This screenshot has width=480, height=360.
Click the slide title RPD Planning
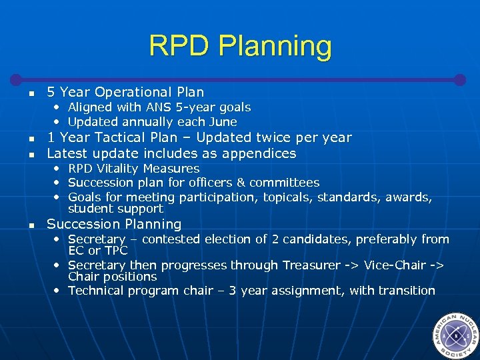click(x=240, y=46)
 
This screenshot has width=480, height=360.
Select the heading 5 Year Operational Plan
click(x=125, y=92)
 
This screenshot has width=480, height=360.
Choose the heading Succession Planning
click(x=114, y=225)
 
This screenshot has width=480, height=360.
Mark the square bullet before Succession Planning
click(x=31, y=225)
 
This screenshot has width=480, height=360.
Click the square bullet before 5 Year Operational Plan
click(x=31, y=93)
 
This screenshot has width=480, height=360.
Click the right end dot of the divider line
click(x=459, y=79)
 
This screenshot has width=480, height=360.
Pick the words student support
click(x=115, y=209)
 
